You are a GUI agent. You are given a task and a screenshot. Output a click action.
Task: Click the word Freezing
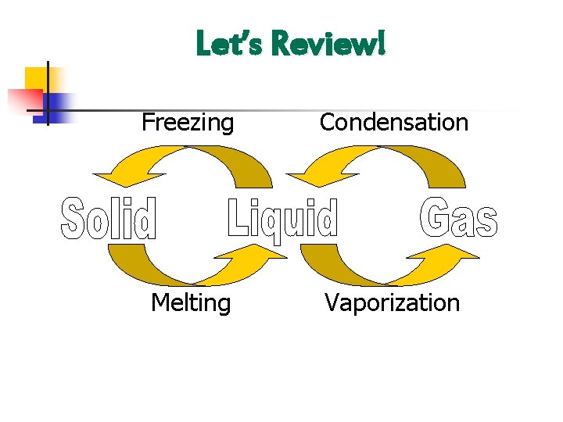tap(188, 123)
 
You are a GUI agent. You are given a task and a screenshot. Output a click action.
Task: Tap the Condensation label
tap(394, 123)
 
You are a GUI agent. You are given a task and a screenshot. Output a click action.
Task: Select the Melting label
tap(191, 302)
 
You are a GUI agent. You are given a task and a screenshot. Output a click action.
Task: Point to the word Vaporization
tap(393, 302)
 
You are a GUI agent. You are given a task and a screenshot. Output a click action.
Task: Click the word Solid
tap(109, 218)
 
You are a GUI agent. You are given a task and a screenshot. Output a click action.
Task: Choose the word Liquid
tap(283, 220)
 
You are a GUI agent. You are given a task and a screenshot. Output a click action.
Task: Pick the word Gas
tap(459, 218)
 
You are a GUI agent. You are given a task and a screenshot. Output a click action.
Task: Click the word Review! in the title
tap(328, 45)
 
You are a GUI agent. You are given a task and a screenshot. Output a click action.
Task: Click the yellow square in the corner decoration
tap(38, 79)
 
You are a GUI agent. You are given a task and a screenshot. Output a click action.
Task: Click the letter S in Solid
tap(74, 218)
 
